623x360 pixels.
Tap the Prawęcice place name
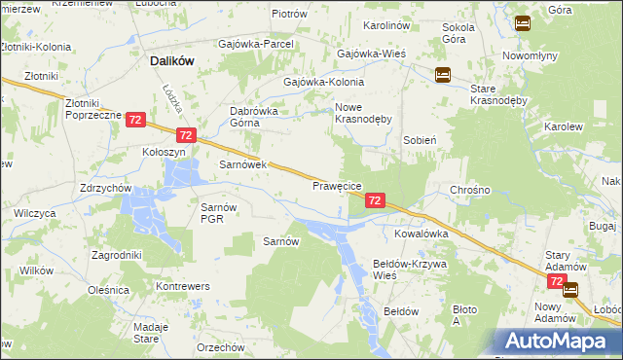[337, 185]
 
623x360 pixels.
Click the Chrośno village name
[469, 190]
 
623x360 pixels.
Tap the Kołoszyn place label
[163, 152]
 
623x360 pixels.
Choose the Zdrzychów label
[106, 188]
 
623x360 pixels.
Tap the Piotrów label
[289, 15]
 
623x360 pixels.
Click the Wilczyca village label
[34, 213]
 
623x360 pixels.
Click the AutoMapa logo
[558, 342]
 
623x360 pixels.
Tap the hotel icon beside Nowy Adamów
[569, 289]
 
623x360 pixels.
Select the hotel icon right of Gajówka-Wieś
[442, 74]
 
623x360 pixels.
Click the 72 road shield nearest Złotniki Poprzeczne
[135, 120]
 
